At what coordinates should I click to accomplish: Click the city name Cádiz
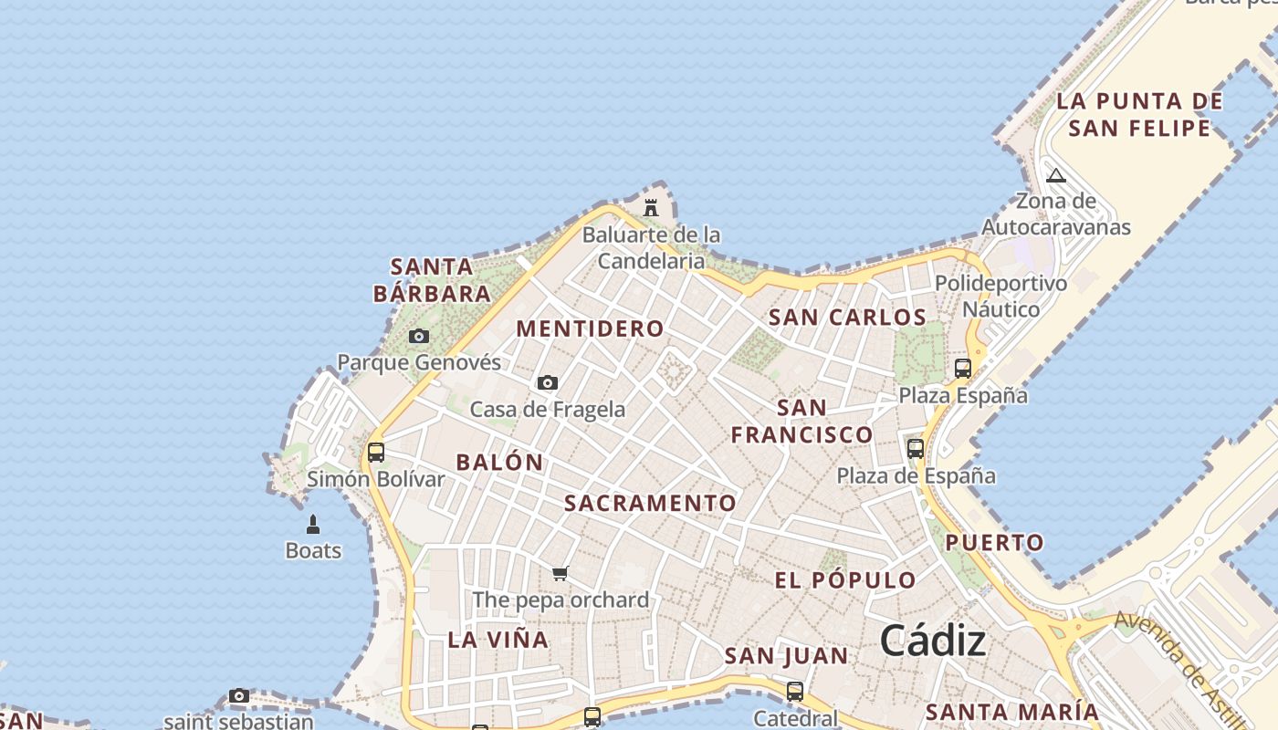point(933,641)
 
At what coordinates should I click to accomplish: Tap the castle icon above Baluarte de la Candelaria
point(651,208)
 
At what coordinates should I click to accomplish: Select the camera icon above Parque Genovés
point(419,336)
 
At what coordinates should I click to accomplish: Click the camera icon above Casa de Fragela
point(548,382)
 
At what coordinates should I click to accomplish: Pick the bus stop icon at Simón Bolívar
point(375,452)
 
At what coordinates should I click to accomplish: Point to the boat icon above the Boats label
point(313,525)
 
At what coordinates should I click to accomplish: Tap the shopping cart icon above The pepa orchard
point(560,573)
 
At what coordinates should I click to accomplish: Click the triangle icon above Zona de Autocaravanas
point(1056,175)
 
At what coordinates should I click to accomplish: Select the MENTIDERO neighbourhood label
point(591,328)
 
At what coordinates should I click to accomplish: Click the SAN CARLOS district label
point(847,318)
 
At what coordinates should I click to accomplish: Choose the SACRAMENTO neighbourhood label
point(650,503)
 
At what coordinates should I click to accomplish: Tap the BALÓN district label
point(499,462)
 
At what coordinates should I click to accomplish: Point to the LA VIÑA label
point(498,640)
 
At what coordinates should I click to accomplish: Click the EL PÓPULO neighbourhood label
point(845,580)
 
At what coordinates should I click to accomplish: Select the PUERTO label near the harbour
point(994,543)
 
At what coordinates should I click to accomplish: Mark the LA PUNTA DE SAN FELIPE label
point(1139,114)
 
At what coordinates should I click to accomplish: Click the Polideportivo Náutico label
point(1000,297)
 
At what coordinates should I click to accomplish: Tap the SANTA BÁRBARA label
point(432,280)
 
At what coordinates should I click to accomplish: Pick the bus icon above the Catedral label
point(795,692)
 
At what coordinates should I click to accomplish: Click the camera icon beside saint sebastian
point(239,696)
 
